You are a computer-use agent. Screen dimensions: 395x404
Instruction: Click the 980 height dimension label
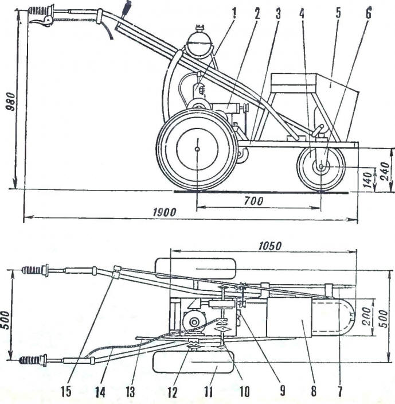coord(12,101)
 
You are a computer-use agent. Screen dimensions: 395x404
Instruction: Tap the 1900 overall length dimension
coord(165,213)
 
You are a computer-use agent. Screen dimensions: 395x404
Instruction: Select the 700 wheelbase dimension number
coord(254,201)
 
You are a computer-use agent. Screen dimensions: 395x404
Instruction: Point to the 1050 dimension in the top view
coord(269,246)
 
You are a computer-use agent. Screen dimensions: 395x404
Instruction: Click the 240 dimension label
coord(385,171)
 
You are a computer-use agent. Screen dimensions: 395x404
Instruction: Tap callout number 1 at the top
coord(234,13)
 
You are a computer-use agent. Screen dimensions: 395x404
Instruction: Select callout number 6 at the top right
coord(369,13)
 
